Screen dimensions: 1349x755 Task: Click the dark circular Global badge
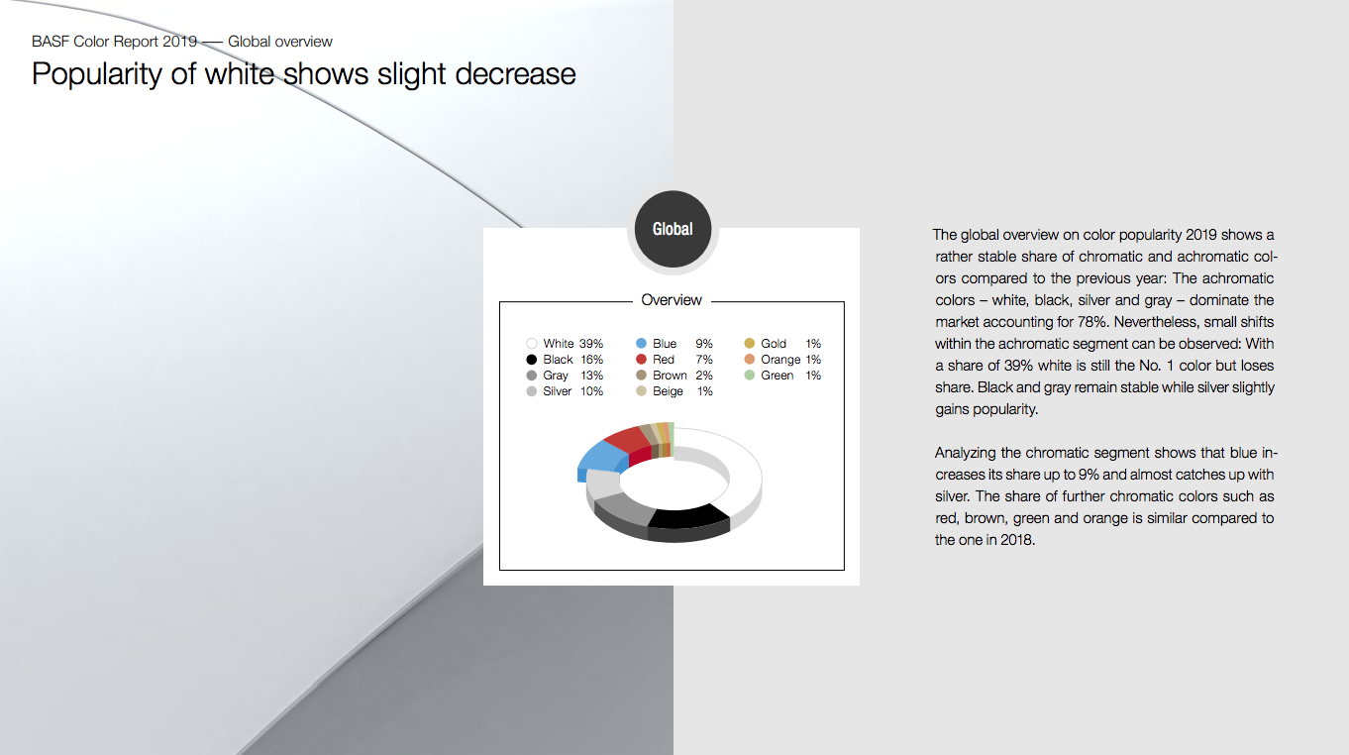(x=673, y=229)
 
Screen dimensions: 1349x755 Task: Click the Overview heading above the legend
(x=672, y=300)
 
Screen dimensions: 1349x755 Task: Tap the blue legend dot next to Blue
(x=641, y=344)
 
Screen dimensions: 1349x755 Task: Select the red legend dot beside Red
(x=641, y=359)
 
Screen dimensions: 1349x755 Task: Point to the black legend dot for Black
(x=531, y=359)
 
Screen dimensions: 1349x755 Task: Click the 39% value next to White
(x=590, y=344)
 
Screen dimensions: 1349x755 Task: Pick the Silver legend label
(x=557, y=391)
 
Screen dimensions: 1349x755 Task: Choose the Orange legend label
(x=780, y=360)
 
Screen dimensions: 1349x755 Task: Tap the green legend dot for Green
(x=749, y=376)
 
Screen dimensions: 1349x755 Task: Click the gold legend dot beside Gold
(x=749, y=344)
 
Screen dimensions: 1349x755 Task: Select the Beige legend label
(x=668, y=391)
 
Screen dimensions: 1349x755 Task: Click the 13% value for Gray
(x=591, y=376)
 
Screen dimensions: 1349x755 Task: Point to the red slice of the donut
(x=629, y=445)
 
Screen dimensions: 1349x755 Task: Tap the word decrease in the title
(x=515, y=74)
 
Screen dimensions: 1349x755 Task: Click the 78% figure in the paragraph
(x=1091, y=322)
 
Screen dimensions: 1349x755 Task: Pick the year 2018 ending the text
(x=1018, y=540)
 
